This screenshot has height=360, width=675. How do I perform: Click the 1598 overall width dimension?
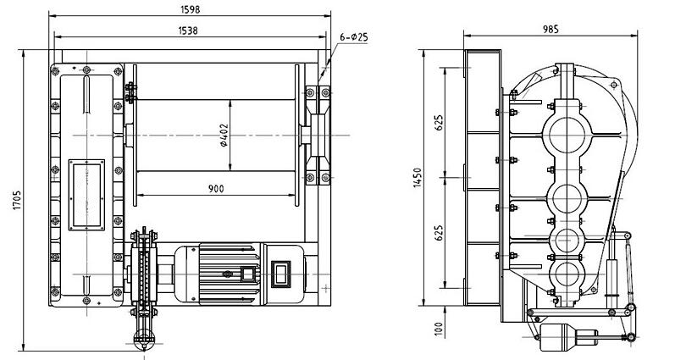pos(191,9)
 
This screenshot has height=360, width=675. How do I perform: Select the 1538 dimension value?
pos(188,30)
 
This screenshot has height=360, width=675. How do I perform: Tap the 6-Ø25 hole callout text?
pos(354,37)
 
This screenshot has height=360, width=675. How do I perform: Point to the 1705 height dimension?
pos(17,200)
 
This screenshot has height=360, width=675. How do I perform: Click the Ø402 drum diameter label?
pos(224,136)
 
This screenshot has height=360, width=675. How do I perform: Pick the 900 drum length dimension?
pos(216,189)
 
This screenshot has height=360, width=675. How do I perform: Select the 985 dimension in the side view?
pos(551,29)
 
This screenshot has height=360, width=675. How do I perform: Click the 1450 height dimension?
pos(418,177)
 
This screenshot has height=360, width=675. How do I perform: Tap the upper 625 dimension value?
pos(439,122)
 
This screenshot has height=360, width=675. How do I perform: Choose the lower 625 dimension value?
pos(439,233)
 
